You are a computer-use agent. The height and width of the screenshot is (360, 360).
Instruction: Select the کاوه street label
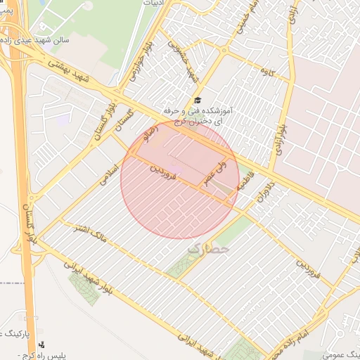[x=266, y=71]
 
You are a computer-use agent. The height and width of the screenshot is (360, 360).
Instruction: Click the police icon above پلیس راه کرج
[x=44, y=345]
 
